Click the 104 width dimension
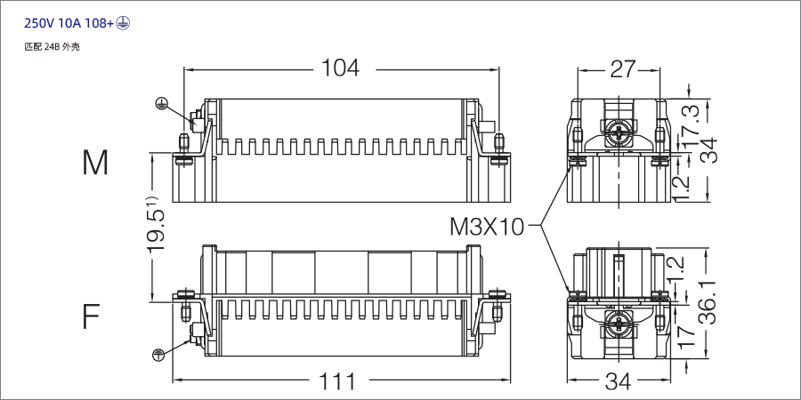click(x=340, y=68)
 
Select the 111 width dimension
click(x=337, y=382)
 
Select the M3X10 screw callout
click(x=488, y=227)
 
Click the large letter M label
click(x=95, y=163)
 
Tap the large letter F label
click(x=92, y=316)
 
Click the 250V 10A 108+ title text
click(x=66, y=23)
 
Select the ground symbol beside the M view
click(x=161, y=103)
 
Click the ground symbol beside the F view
click(x=158, y=355)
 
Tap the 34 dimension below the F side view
click(x=618, y=382)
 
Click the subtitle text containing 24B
click(x=53, y=46)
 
